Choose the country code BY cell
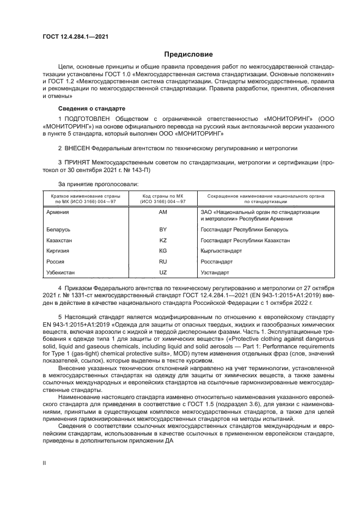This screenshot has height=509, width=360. [x=162, y=229]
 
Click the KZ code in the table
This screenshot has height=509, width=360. [x=162, y=240]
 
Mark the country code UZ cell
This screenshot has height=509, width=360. [x=162, y=272]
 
